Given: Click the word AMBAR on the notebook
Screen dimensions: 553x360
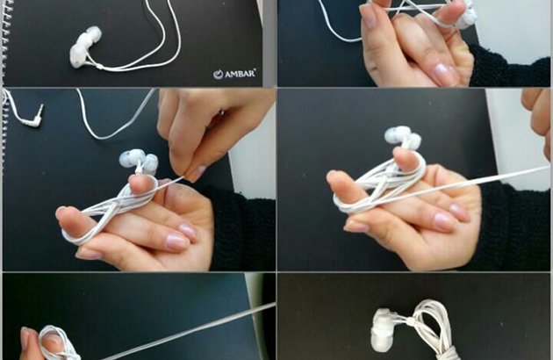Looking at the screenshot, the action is point(240,74).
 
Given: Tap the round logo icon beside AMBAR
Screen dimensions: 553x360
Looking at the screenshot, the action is point(219,74).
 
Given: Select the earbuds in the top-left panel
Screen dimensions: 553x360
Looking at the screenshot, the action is point(85,47).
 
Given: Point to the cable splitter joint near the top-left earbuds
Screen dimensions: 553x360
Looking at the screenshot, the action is point(101,66).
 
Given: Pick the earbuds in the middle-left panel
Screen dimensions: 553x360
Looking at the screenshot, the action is point(139,160).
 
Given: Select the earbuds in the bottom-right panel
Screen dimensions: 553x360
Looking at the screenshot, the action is point(384,330).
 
